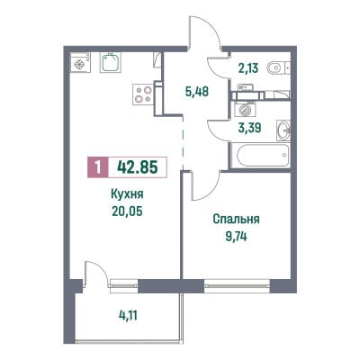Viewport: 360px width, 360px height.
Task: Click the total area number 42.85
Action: click(138, 167)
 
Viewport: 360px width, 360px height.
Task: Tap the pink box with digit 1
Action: click(97, 167)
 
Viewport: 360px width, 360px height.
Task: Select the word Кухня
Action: click(127, 194)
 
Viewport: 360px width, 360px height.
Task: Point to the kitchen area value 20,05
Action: click(127, 211)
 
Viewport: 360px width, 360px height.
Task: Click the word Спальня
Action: click(236, 220)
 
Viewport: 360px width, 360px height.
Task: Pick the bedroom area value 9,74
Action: click(236, 237)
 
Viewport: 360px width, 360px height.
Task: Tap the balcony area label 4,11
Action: click(128, 315)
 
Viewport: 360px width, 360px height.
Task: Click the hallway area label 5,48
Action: click(197, 91)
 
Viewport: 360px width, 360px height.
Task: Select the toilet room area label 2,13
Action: click(248, 68)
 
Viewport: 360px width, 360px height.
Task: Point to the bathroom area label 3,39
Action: click(250, 127)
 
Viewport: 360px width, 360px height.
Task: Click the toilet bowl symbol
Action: click(278, 68)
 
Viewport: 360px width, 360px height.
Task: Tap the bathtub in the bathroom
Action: click(260, 155)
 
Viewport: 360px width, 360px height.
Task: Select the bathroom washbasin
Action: click(283, 130)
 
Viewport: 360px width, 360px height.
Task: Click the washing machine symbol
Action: click(246, 109)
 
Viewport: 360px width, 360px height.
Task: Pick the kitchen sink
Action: click(110, 63)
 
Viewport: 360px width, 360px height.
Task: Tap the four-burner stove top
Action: click(143, 94)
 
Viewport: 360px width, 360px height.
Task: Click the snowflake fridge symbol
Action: click(80, 63)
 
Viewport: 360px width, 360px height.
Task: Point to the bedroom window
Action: click(238, 286)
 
